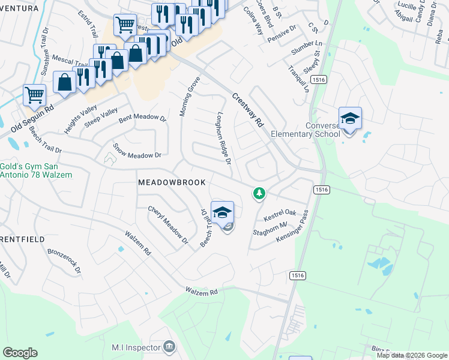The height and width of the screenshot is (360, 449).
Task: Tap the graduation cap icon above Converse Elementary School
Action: [x=350, y=118]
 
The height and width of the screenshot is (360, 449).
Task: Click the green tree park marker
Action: [x=259, y=193]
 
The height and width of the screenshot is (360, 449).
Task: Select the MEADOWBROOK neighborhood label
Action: [x=172, y=182]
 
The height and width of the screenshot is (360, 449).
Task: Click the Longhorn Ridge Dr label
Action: [x=224, y=138]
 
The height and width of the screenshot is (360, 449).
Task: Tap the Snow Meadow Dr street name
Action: [x=137, y=151]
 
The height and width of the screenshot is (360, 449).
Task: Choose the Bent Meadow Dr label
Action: [x=142, y=118]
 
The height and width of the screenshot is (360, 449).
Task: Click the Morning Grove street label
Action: [x=189, y=97]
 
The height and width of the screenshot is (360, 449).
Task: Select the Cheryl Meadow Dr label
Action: [x=169, y=224]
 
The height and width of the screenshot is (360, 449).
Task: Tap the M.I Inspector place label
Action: [x=136, y=347]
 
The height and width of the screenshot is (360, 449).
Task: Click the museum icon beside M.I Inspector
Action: [x=169, y=347]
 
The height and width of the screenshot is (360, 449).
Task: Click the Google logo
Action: [x=20, y=353]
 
